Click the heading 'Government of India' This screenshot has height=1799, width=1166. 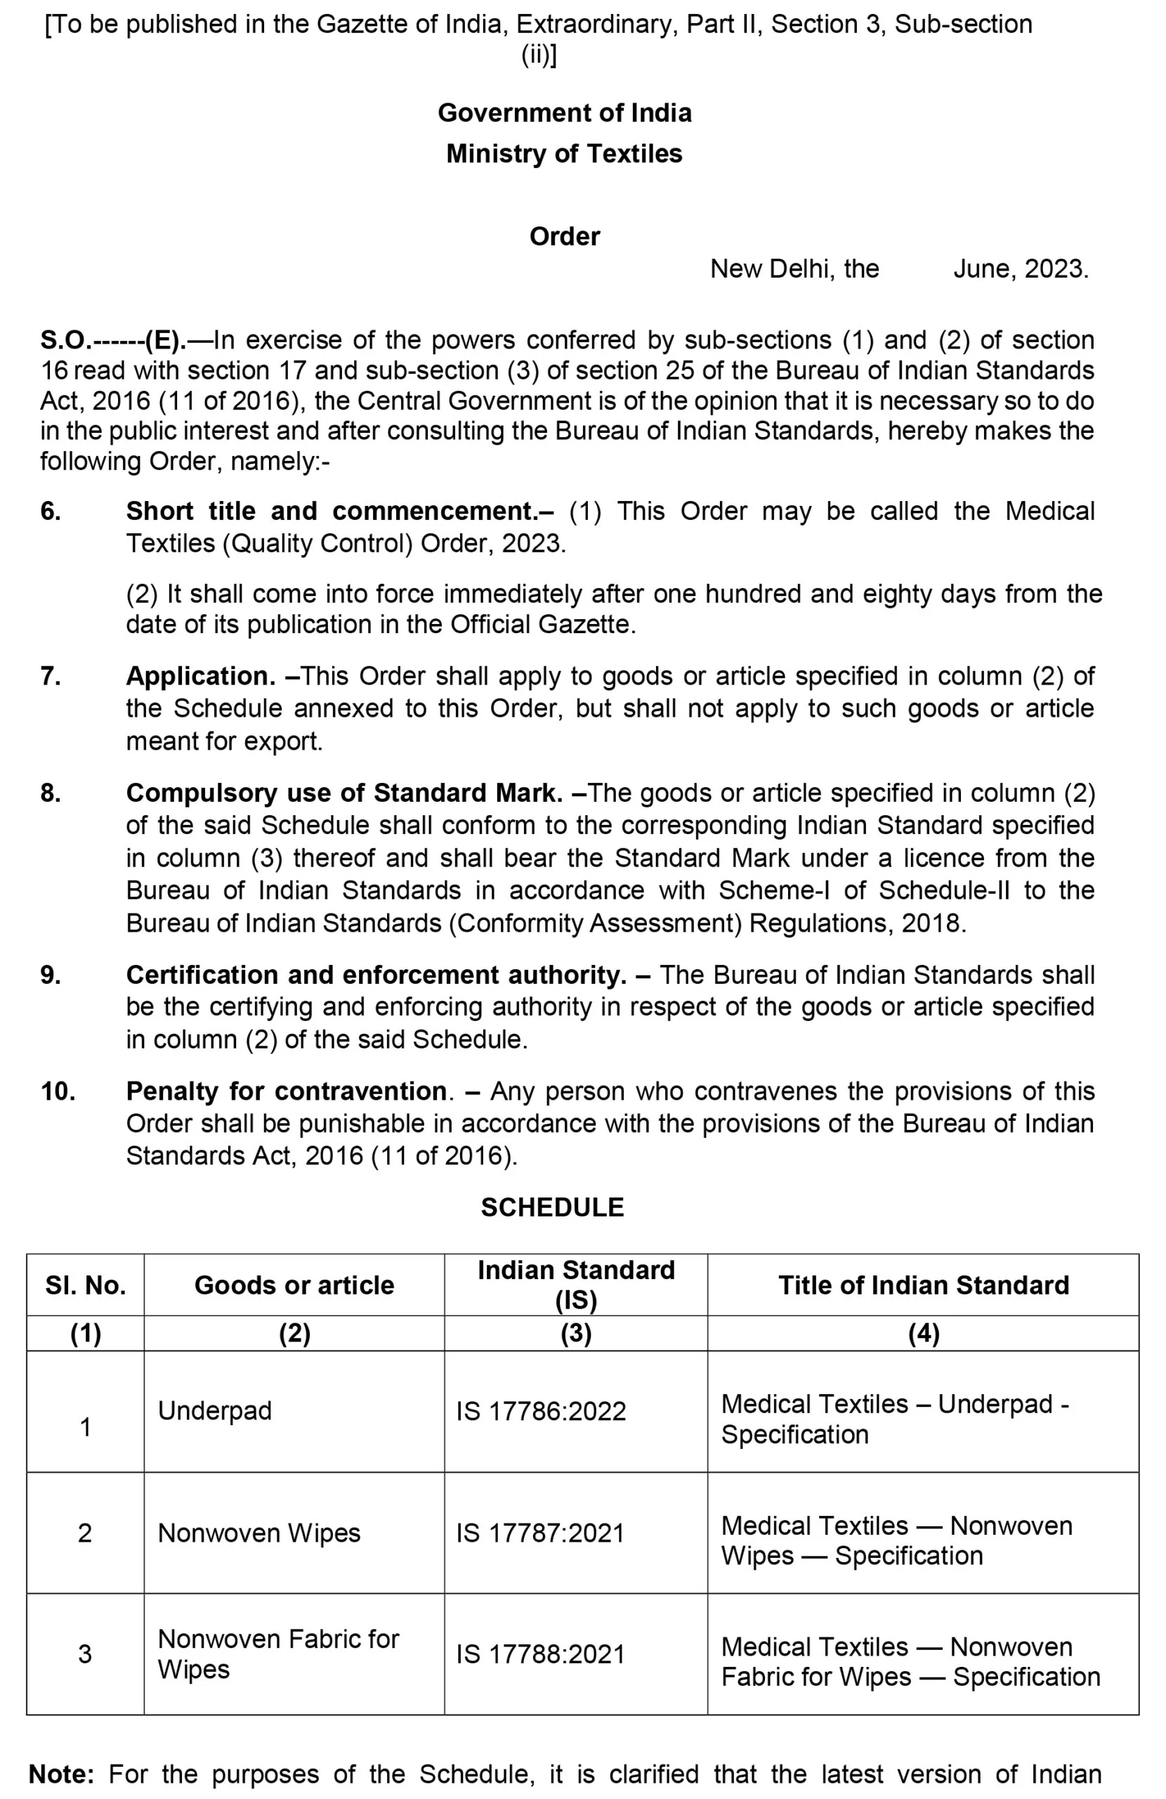click(565, 112)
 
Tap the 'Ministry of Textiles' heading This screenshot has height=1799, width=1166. click(564, 153)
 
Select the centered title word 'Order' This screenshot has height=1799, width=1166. click(565, 237)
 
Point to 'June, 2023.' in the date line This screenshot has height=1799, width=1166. click(1020, 269)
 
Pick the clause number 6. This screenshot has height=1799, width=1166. click(51, 512)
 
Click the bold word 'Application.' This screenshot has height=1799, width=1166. click(201, 676)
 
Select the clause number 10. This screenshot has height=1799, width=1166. click(58, 1091)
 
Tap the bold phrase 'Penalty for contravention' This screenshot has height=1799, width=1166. click(287, 1091)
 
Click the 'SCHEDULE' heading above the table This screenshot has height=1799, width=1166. click(552, 1207)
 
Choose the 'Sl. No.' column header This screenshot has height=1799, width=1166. click(86, 1285)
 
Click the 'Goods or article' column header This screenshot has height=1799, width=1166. click(294, 1285)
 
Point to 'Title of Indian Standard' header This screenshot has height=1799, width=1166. click(924, 1285)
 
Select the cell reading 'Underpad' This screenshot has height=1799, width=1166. click(215, 1410)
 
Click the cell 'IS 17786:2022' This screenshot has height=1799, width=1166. click(541, 1411)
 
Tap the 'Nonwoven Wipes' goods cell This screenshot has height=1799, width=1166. click(259, 1533)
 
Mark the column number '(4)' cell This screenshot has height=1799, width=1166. click(924, 1333)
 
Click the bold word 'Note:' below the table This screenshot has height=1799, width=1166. click(61, 1774)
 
